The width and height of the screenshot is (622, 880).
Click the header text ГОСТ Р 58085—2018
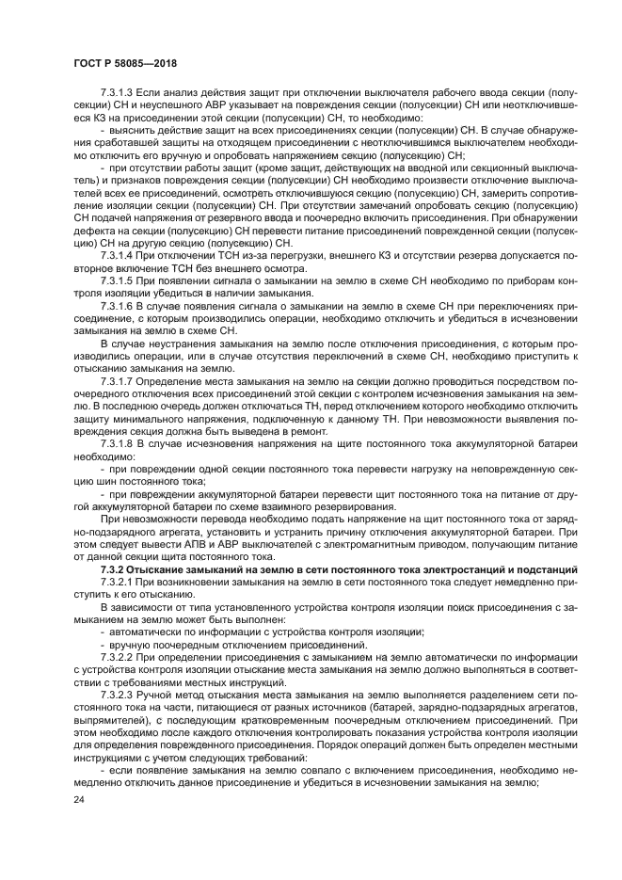coord(124,63)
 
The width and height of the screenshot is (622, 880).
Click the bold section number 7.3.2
coord(114,569)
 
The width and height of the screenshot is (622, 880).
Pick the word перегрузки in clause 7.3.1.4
coord(257,255)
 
